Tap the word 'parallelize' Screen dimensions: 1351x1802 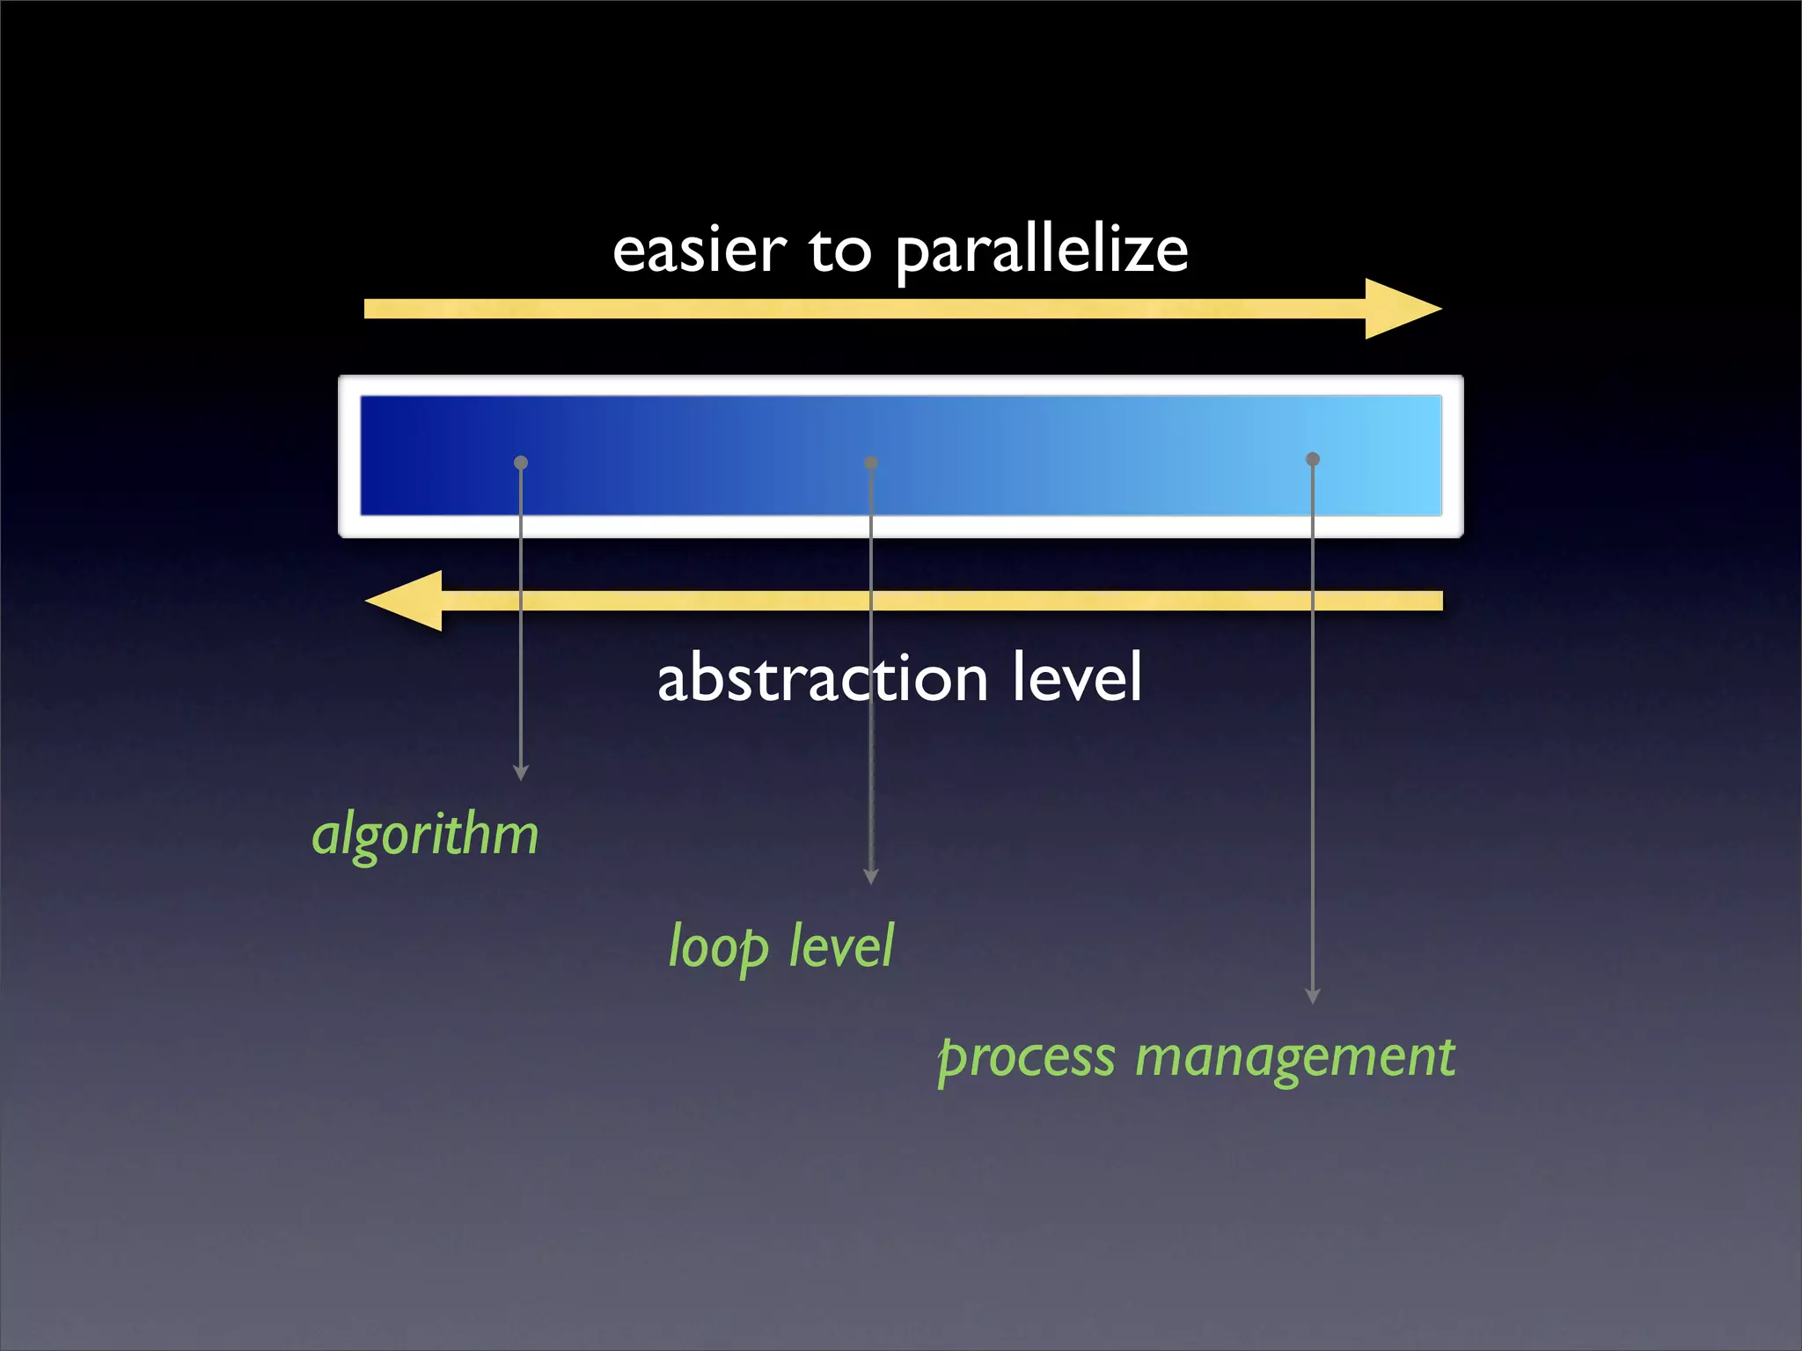[x=1042, y=252]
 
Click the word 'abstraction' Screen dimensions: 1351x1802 [x=823, y=678]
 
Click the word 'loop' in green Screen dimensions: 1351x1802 [x=718, y=947]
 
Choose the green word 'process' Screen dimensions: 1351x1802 [x=1027, y=1058]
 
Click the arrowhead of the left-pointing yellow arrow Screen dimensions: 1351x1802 [x=406, y=601]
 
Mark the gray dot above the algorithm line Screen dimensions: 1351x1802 [x=521, y=463]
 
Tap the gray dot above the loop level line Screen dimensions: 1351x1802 [x=871, y=463]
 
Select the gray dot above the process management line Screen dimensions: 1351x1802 [x=1313, y=459]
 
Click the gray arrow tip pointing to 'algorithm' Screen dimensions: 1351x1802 [x=521, y=773]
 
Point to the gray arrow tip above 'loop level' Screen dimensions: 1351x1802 [x=871, y=877]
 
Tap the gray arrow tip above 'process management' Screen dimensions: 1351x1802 [x=1313, y=997]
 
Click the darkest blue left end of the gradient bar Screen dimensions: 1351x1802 [x=378, y=456]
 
